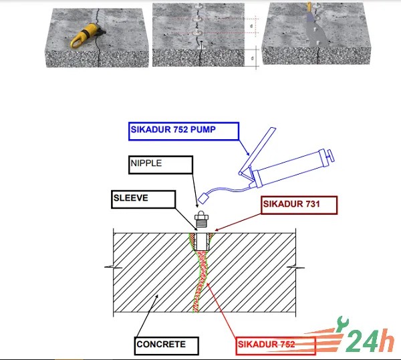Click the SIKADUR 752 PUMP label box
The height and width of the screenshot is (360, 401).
[184, 131]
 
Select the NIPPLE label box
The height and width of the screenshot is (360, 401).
[160, 165]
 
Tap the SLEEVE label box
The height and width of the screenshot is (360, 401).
[144, 199]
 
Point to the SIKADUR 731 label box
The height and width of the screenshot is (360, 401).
[299, 205]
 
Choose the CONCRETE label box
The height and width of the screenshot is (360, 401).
[166, 346]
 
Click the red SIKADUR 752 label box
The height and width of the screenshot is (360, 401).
[275, 346]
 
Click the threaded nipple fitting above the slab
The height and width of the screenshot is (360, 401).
[202, 219]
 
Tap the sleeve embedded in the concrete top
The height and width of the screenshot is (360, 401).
[202, 242]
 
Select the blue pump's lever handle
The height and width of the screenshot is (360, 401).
[257, 151]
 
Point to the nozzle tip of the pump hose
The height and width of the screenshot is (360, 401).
[203, 198]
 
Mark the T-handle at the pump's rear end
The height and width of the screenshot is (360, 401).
[330, 156]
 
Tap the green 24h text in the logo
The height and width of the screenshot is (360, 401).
[370, 341]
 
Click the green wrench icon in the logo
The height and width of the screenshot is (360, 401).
[342, 323]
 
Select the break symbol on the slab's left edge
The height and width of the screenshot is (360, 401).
[114, 267]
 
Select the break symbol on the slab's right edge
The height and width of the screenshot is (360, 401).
[295, 268]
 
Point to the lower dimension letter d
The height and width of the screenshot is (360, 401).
[252, 58]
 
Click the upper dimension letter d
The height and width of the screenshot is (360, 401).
[251, 26]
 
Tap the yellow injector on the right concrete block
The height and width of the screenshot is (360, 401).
[309, 7]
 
